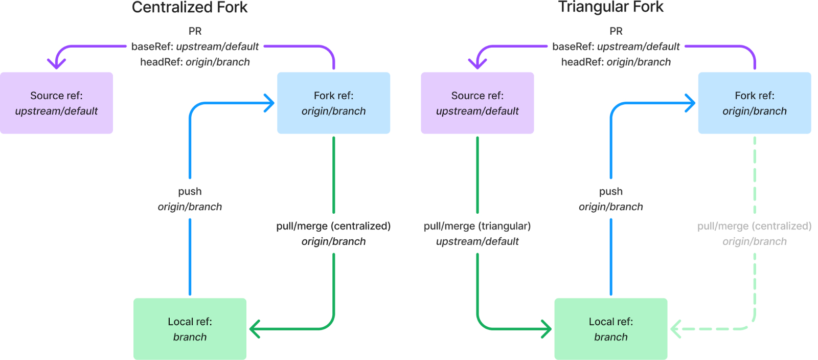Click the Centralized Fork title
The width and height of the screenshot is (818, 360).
pos(190,7)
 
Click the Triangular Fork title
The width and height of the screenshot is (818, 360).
pos(611,7)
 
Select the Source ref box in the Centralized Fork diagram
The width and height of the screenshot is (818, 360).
pos(56,103)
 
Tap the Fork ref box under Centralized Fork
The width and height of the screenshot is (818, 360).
pos(333,103)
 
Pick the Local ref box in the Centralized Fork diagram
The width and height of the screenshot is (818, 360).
pos(190,329)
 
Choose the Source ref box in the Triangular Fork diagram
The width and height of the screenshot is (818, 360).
pos(477,103)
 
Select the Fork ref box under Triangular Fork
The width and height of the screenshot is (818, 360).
pos(754,103)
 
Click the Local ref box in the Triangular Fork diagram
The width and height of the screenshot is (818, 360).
pos(610,329)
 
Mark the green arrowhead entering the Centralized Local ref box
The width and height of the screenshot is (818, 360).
pos(254,329)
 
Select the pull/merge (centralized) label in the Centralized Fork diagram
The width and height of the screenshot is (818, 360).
pos(333,227)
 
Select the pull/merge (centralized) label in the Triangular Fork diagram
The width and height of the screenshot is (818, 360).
pos(754,227)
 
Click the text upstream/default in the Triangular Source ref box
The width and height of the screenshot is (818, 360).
pos(477,111)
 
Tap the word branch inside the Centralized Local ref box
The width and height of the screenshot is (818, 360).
pos(190,337)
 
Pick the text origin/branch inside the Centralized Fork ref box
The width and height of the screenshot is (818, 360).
pos(333,111)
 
